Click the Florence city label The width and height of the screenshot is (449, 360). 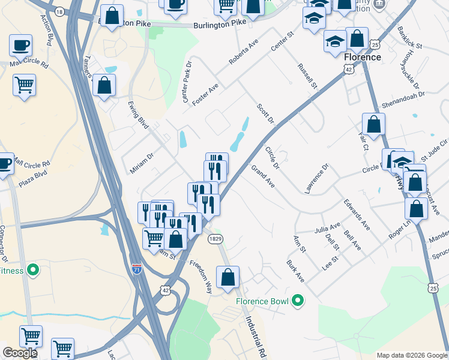[x=363, y=57]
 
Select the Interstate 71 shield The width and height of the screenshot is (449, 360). [x=137, y=268]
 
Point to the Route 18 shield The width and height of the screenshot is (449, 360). [x=58, y=11]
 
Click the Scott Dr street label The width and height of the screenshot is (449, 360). [x=265, y=113]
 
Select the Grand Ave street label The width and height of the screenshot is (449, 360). [x=263, y=176]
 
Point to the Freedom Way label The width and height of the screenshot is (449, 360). [x=201, y=275]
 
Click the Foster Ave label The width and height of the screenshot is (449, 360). [x=205, y=95]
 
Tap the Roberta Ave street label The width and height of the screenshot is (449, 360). [x=243, y=53]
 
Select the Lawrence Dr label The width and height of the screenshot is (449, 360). [x=317, y=178]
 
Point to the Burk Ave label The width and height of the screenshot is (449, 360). [x=295, y=271]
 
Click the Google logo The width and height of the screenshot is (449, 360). [x=20, y=353]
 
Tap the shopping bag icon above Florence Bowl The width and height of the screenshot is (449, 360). [x=228, y=278]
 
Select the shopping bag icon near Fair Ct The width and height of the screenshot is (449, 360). [x=373, y=125]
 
